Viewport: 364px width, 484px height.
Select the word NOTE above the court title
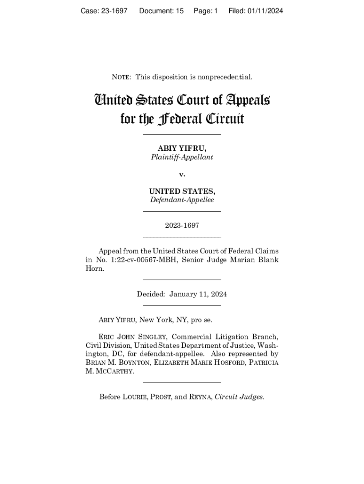pos(121,77)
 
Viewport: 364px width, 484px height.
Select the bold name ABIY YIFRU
pos(182,148)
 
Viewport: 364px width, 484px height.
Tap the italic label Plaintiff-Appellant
pos(182,157)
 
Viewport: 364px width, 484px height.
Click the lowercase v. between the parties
pos(182,174)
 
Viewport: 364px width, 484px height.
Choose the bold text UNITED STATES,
pos(182,191)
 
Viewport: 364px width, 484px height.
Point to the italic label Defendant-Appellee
pos(182,200)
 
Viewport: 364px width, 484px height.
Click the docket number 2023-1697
pos(182,225)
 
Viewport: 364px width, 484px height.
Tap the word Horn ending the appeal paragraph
pos(94,268)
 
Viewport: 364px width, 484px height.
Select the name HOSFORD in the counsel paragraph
pos(229,363)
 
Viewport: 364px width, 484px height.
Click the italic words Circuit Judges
pos(239,397)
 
